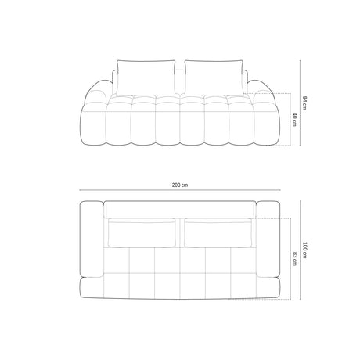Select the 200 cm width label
pos(180,185)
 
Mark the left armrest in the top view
pos(92,239)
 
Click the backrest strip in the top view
pos(180,208)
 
